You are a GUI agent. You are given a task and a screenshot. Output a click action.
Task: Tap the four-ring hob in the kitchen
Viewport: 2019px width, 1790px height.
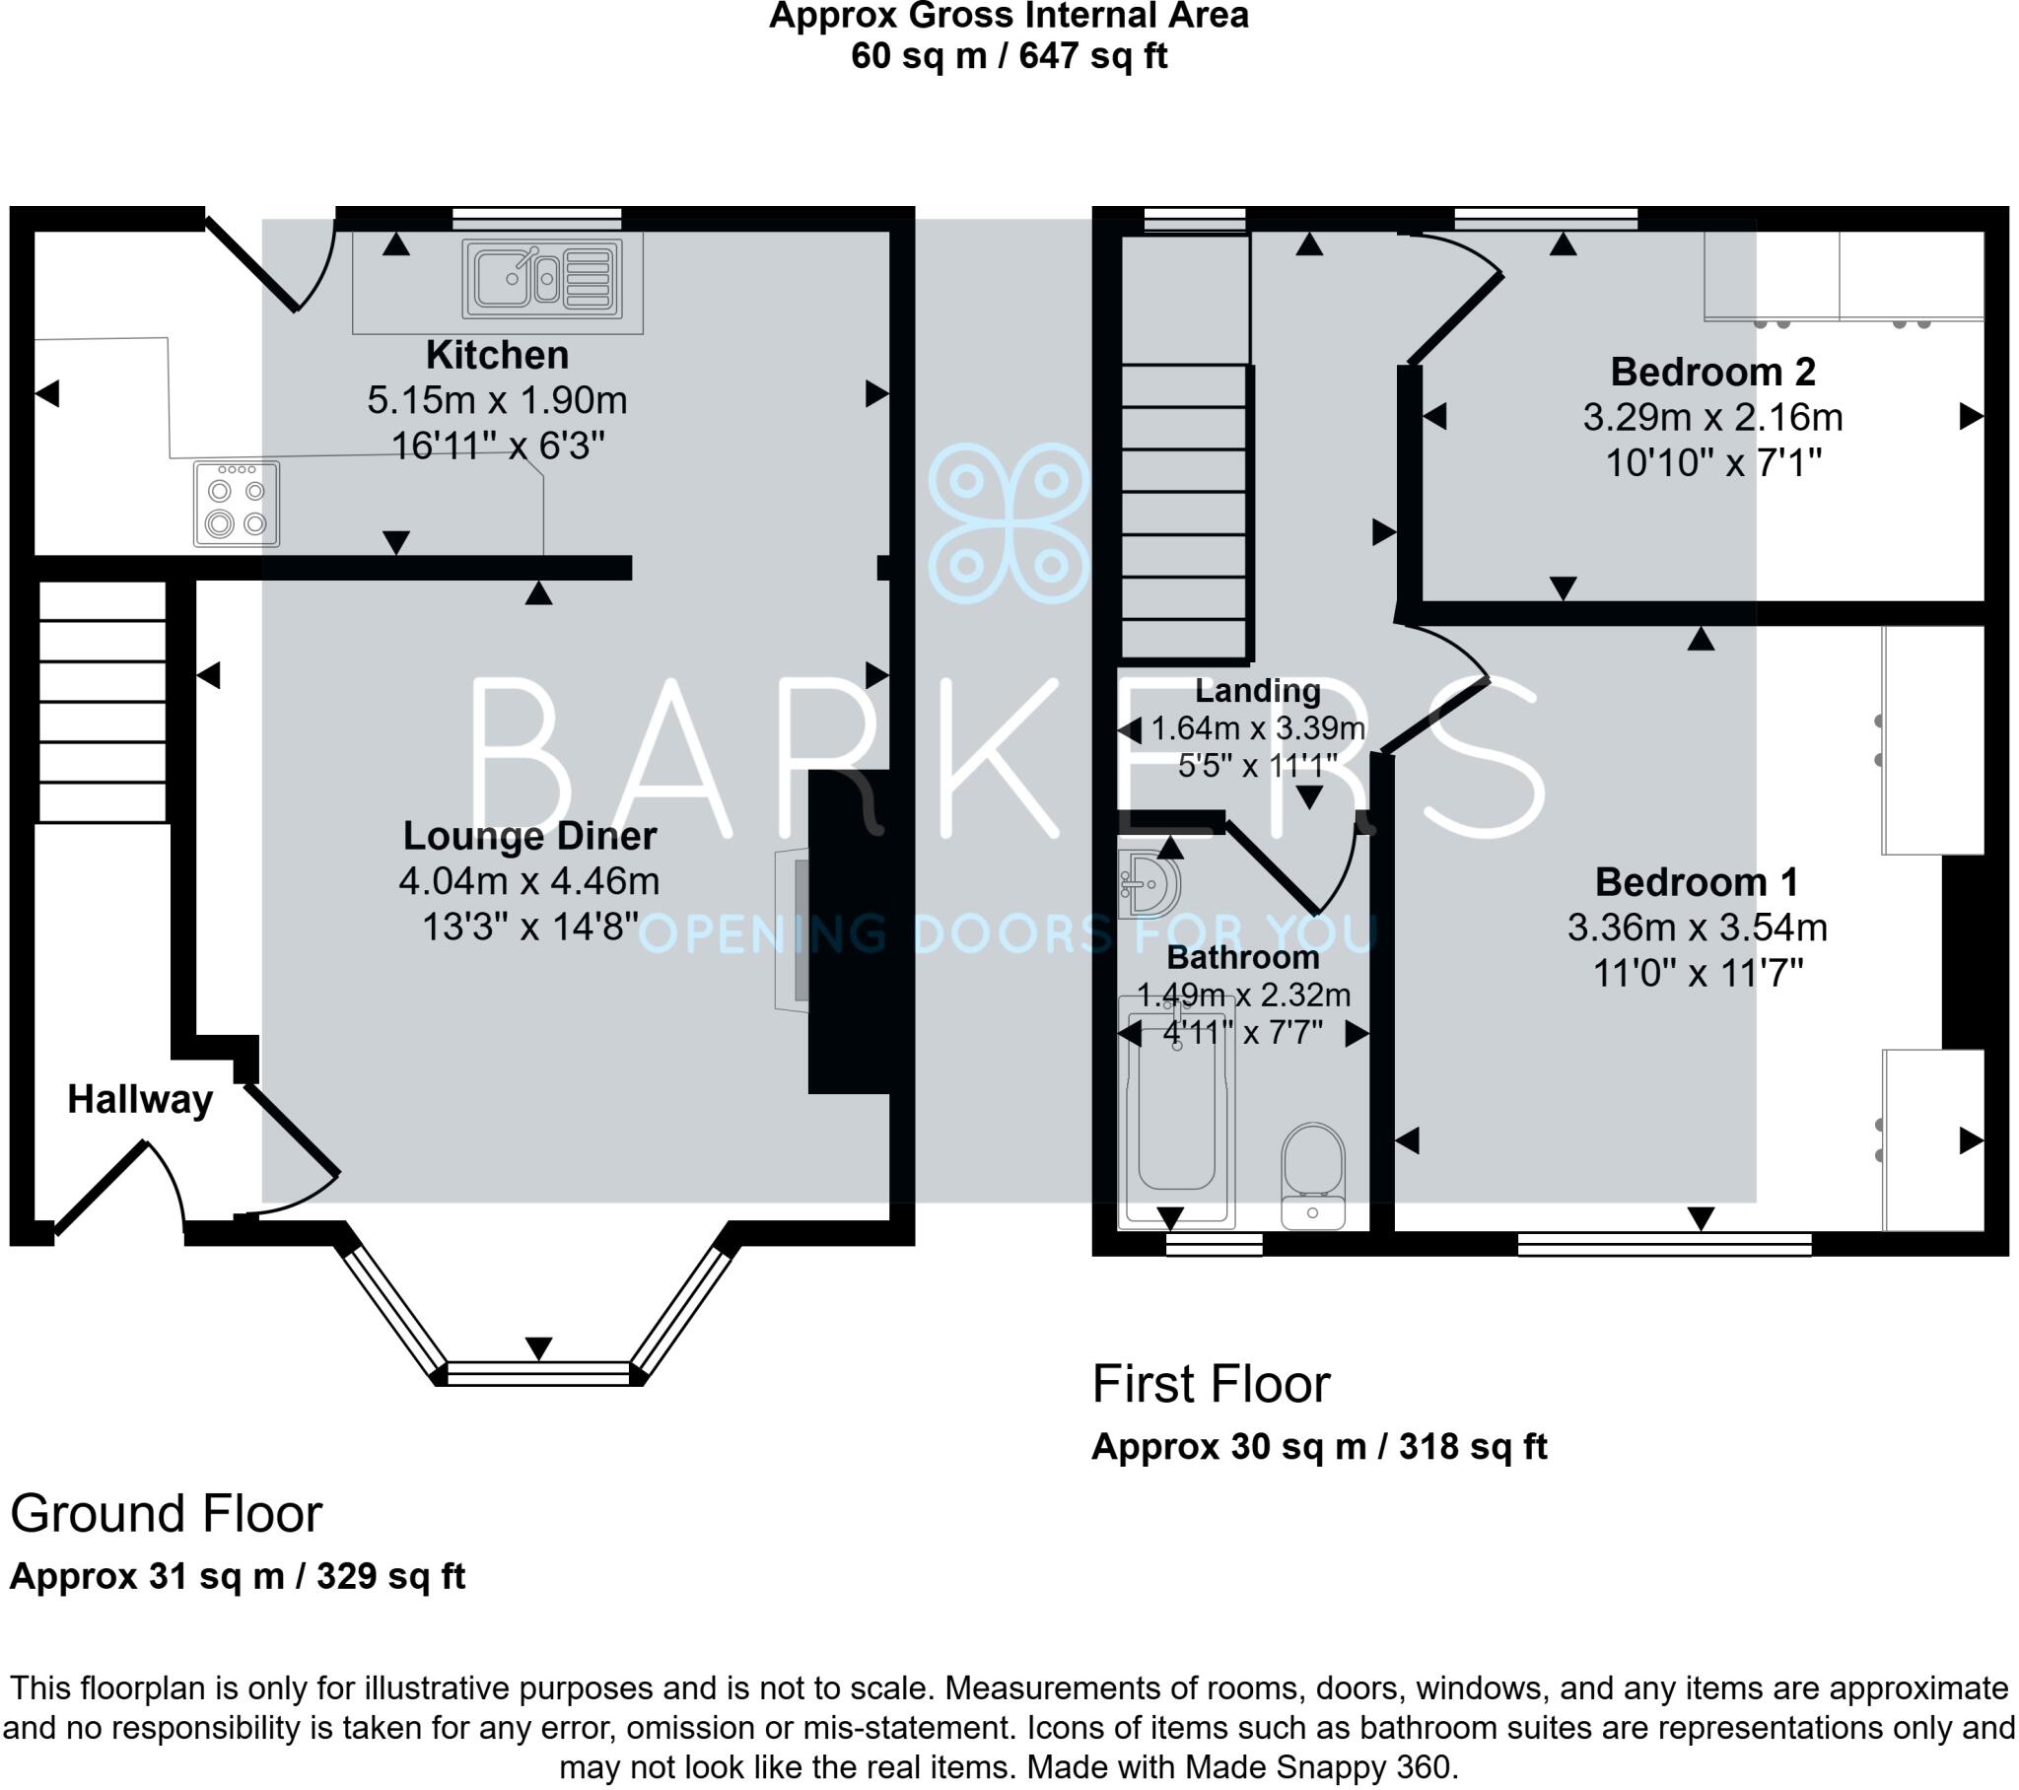(236, 505)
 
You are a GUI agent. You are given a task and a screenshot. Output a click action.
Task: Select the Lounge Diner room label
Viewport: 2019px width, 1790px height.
(529, 836)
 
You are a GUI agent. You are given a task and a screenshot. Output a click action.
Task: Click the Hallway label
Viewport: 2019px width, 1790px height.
(139, 1099)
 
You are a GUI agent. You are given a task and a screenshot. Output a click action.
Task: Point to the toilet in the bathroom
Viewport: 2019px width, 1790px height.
(1313, 1175)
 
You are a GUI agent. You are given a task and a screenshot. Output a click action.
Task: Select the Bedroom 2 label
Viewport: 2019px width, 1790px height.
(1712, 373)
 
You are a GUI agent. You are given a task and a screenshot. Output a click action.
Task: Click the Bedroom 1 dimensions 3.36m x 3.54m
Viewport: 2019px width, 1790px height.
(1697, 928)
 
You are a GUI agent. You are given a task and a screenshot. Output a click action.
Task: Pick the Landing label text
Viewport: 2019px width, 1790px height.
(1257, 691)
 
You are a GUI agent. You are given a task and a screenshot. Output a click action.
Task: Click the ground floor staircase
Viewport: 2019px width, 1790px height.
(102, 702)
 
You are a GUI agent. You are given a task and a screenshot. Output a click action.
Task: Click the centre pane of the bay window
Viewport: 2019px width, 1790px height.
(538, 1371)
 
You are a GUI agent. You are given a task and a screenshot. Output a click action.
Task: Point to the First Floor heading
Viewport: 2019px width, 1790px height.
(1211, 1384)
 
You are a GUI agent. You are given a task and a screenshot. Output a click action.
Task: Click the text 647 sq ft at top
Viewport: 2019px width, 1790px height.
(1092, 56)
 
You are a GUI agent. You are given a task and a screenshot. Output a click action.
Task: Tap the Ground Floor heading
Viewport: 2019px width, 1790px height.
(166, 1513)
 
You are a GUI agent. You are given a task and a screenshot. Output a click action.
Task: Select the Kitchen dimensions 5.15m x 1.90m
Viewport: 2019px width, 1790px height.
(497, 400)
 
